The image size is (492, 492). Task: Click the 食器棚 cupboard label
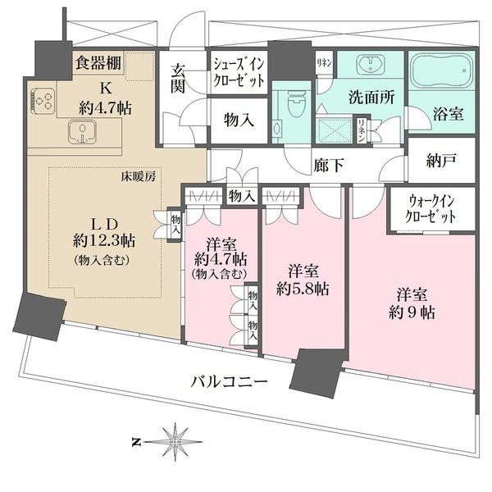pos(98,61)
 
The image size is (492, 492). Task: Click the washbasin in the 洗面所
pos(376,68)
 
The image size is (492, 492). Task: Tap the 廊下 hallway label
pos(328,165)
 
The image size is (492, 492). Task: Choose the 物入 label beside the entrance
pos(238,119)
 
